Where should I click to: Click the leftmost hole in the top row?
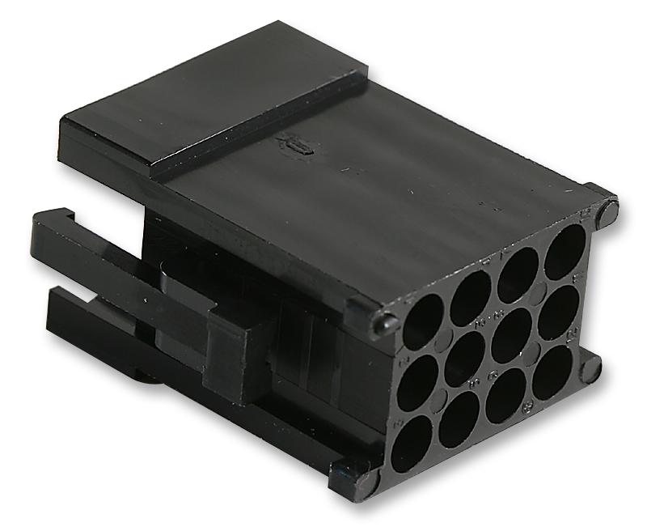423,321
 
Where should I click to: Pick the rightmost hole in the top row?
565,249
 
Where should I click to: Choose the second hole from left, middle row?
464,355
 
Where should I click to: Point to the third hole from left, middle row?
511,334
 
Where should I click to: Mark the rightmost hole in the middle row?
558,312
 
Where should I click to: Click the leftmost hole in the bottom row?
411,442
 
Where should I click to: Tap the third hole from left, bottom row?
505,395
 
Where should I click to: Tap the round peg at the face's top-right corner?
607,212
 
